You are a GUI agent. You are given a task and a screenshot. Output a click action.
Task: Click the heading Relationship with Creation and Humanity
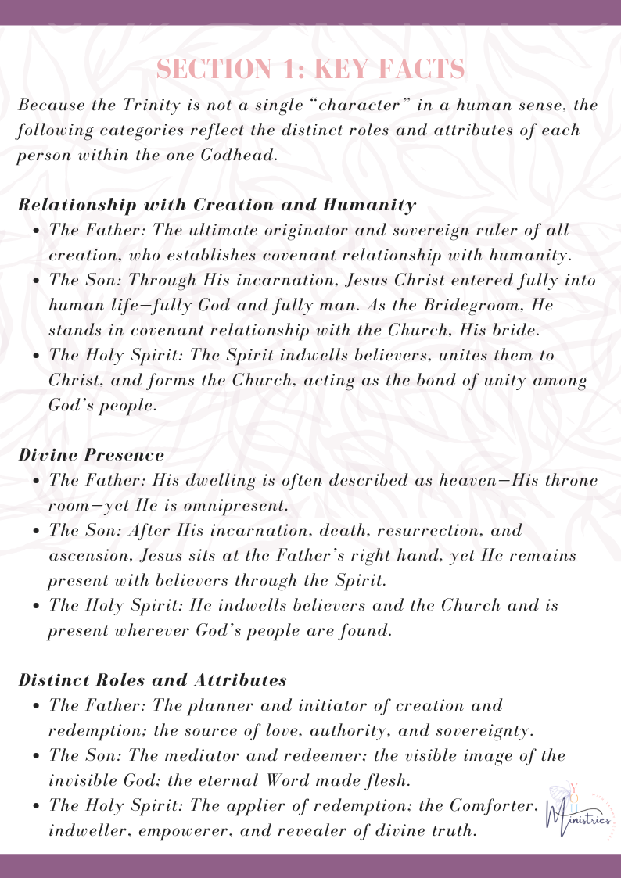pos(217,205)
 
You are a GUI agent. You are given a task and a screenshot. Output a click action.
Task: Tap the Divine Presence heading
pos(92,454)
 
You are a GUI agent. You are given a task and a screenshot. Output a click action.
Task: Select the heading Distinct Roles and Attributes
pos(152,679)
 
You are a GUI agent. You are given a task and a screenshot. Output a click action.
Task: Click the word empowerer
pos(196,830)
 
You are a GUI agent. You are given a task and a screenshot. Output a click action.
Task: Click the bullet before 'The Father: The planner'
pos(38,706)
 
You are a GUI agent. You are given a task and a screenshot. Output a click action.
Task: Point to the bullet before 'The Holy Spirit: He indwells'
pos(38,606)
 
